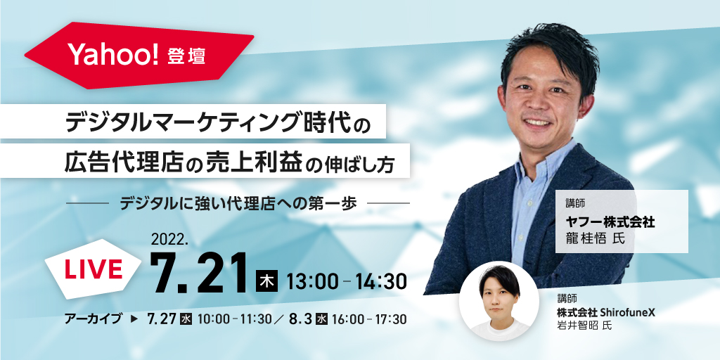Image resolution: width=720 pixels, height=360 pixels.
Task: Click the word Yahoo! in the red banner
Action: (x=114, y=55)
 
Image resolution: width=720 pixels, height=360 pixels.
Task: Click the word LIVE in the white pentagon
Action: (x=94, y=269)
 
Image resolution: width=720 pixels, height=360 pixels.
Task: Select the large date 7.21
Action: (x=200, y=274)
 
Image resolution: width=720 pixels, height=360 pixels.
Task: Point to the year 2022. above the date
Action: (x=167, y=239)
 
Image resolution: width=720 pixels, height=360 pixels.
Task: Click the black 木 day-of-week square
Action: (x=266, y=281)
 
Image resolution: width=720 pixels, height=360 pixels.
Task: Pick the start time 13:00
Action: (x=312, y=281)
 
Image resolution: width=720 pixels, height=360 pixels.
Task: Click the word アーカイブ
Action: (x=94, y=319)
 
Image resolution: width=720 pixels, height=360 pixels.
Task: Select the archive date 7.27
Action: (x=162, y=319)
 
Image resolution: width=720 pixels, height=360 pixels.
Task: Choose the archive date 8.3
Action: (x=301, y=319)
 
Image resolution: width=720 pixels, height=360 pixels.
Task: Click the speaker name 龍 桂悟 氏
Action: (x=596, y=239)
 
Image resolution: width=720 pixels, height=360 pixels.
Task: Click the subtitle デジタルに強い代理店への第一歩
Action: (x=238, y=203)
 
